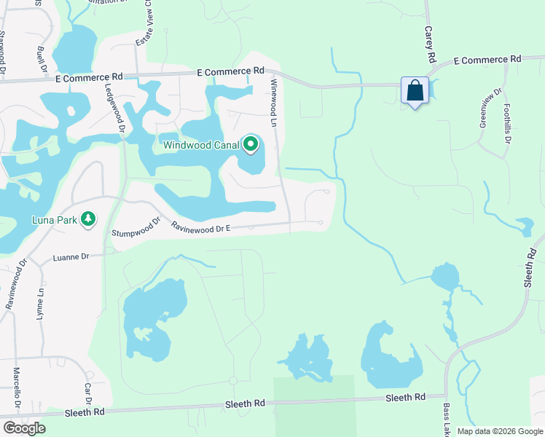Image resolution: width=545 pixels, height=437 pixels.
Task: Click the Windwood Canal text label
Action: (x=201, y=145)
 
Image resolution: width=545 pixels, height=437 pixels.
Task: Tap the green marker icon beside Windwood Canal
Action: (x=251, y=145)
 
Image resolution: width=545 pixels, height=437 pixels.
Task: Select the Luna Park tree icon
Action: (x=88, y=219)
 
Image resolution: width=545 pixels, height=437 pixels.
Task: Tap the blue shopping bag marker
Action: (x=415, y=92)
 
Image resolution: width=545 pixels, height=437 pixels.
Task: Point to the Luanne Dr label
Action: (x=71, y=257)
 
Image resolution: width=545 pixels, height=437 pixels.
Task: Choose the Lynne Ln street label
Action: (x=41, y=304)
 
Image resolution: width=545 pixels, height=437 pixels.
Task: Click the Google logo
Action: (x=24, y=428)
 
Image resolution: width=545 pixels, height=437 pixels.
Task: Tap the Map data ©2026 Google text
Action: (x=499, y=431)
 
